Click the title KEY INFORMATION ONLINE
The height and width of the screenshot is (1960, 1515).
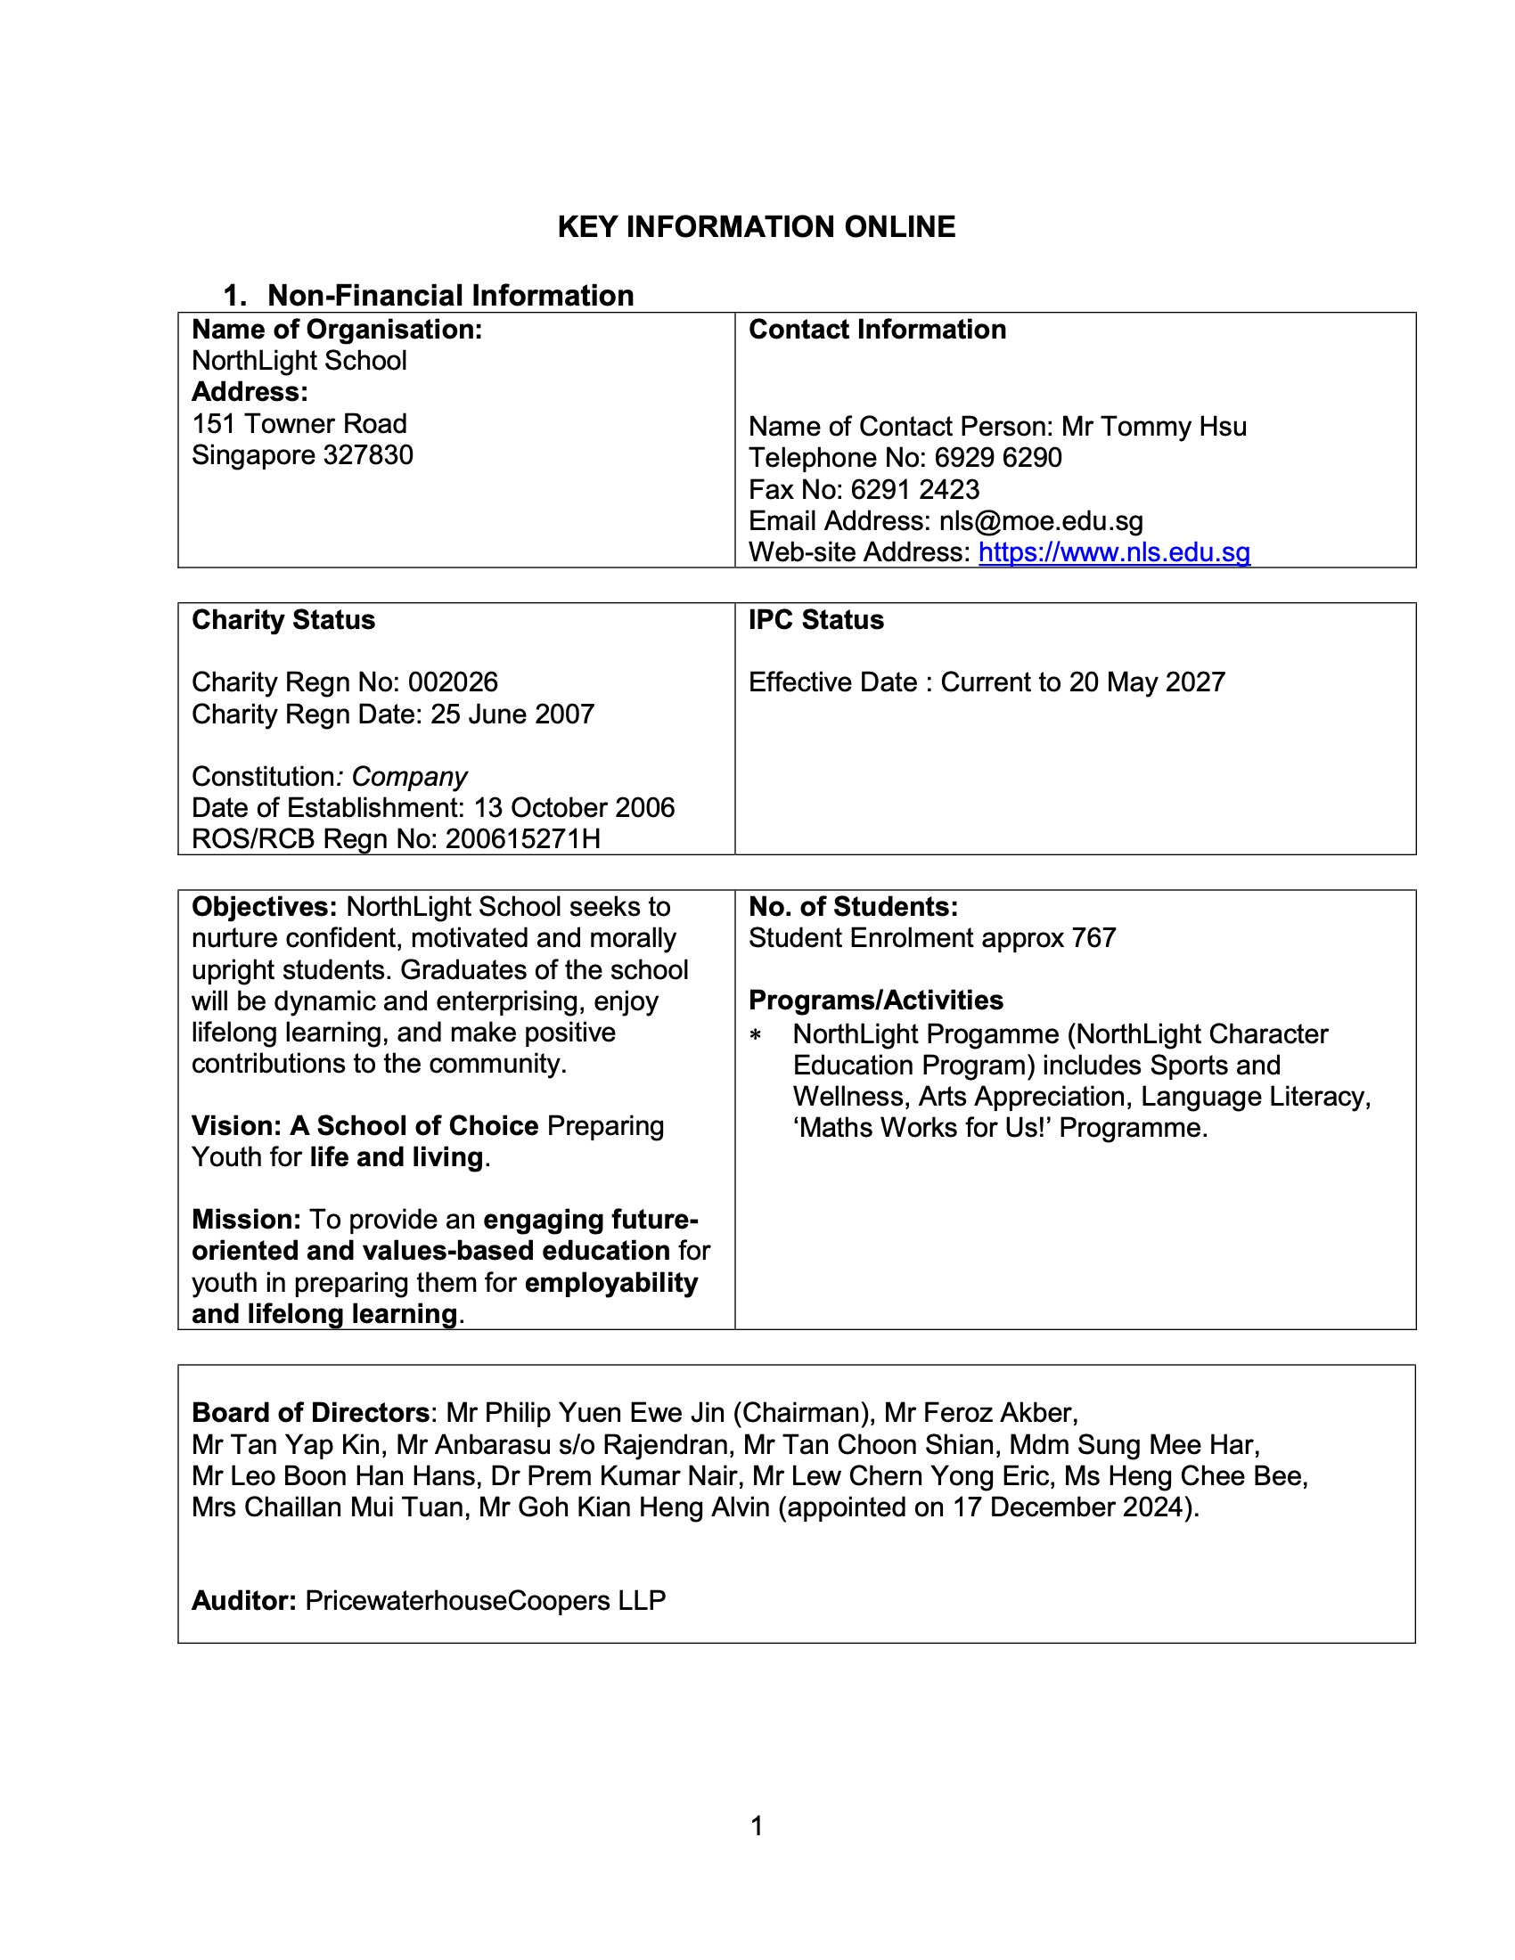point(757,227)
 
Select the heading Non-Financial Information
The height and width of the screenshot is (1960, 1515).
point(450,295)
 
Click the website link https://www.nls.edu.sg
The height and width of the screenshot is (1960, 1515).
point(1114,552)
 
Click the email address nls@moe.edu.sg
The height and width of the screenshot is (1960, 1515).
point(1041,520)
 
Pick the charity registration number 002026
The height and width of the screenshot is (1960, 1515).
point(453,682)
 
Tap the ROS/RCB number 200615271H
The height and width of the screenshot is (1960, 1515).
point(522,839)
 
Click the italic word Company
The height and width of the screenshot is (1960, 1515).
point(409,776)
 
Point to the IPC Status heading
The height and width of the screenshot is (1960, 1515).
point(815,620)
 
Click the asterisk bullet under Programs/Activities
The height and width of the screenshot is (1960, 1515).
point(756,1035)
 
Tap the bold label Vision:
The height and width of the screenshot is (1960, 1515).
point(236,1126)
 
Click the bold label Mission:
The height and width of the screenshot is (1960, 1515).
point(246,1220)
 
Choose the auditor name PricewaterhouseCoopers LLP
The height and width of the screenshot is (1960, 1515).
point(486,1600)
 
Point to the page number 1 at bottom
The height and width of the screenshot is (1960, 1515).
point(757,1825)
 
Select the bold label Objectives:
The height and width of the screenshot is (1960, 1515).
point(264,906)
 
